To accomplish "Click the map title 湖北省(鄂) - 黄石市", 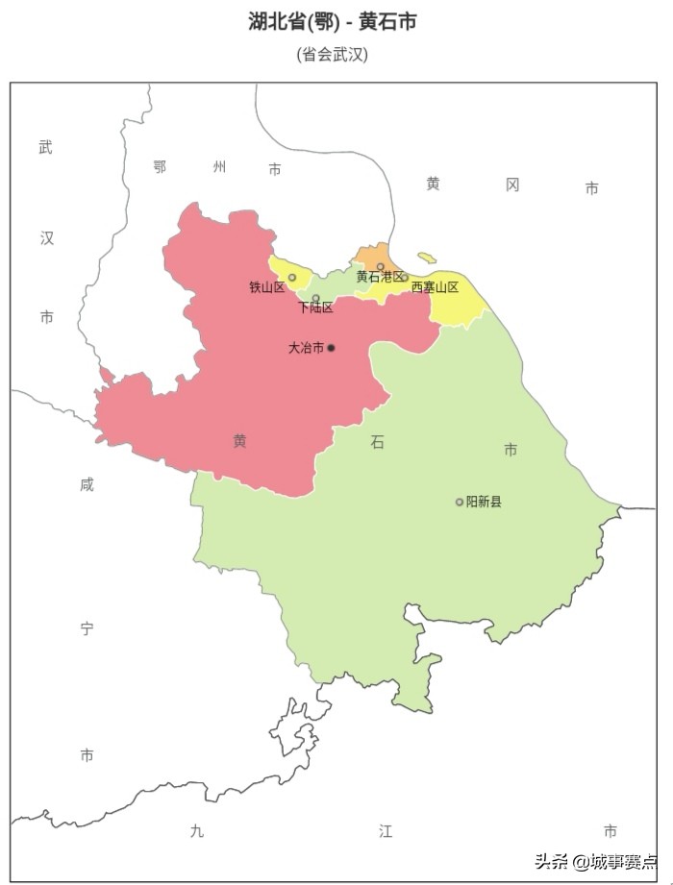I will click(x=332, y=22).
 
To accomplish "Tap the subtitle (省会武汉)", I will click(x=332, y=55).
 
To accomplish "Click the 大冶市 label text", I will click(x=306, y=348).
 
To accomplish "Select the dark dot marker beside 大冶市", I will click(x=331, y=348).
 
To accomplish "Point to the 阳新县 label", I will click(x=484, y=502).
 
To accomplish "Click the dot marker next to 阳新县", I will click(x=460, y=502).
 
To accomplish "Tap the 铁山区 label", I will click(x=266, y=287).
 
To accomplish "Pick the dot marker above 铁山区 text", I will click(x=292, y=278).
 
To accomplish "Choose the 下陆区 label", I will click(x=315, y=308).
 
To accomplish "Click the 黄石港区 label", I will click(x=380, y=277).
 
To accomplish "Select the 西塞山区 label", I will click(x=435, y=287).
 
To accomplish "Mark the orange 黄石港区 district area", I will click(x=373, y=256).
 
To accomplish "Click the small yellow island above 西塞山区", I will click(x=427, y=258).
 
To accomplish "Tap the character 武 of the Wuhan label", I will click(x=46, y=148).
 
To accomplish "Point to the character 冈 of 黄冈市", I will click(x=512, y=184).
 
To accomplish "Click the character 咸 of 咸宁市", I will click(x=87, y=485).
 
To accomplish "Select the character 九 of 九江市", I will click(x=197, y=831).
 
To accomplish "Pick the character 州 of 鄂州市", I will click(x=219, y=167).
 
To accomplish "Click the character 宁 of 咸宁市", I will click(x=87, y=629).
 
